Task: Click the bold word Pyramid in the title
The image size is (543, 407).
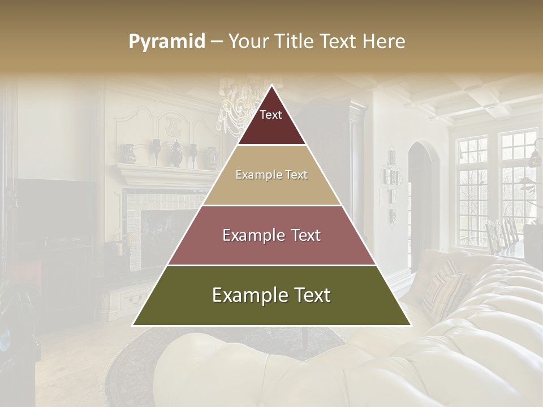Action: click(x=167, y=41)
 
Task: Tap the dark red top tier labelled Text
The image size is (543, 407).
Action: click(x=271, y=122)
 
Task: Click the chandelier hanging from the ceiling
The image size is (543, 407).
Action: click(x=238, y=107)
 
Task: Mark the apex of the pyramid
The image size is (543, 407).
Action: click(x=271, y=86)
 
